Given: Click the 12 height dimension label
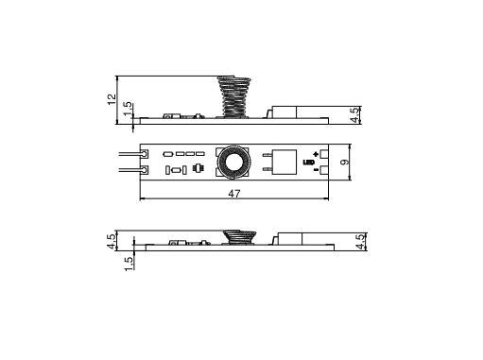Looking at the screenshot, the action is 112,99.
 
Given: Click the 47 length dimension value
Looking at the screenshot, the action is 234,194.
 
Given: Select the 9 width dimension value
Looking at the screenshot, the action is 345,162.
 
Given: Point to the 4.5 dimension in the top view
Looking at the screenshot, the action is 354,115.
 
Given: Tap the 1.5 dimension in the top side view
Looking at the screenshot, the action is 128,109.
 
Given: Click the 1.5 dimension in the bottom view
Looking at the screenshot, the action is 129,264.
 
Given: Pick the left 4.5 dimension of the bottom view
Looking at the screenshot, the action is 112,242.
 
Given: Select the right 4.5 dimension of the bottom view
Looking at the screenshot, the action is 361,242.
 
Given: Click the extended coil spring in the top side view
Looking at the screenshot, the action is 234,96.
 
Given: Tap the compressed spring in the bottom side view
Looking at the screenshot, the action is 239,237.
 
